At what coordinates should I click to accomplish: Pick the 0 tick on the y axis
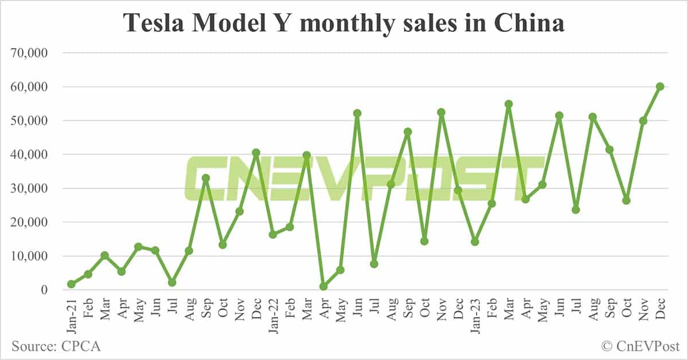coord(44,290)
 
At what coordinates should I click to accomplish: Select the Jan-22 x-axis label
coord(273,312)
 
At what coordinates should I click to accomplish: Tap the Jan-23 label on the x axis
coord(475,312)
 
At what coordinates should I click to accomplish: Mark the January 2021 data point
coord(71,284)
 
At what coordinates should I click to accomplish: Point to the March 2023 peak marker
coord(509,104)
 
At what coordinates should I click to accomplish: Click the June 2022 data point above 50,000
coord(357,114)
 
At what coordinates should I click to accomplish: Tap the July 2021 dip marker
coord(172,283)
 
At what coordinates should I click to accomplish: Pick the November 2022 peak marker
coord(441,112)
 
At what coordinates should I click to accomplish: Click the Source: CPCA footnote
coord(56,346)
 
